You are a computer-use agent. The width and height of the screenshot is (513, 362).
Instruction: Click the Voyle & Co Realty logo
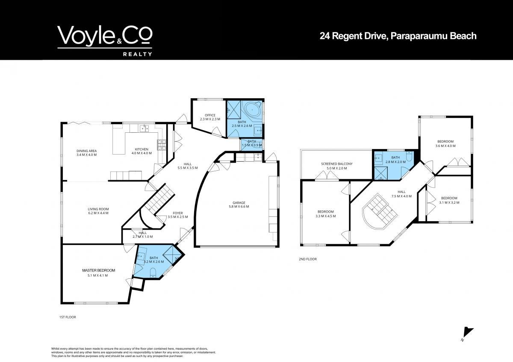coord(105,41)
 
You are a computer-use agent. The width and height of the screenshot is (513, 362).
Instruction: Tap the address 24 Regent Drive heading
coord(398,36)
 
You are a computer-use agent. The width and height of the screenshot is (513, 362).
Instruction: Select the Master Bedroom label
coord(98,270)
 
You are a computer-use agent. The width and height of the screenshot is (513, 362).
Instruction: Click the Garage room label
coord(239,203)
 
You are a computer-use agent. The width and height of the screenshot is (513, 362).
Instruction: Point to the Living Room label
coord(98,209)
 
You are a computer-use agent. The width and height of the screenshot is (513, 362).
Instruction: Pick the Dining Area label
coord(86,151)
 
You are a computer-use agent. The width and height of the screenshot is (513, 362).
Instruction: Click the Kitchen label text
coord(142,149)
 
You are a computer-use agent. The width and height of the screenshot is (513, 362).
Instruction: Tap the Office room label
coord(210,115)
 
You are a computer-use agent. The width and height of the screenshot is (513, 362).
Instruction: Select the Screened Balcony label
coord(337,164)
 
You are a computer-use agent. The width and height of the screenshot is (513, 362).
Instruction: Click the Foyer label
coord(178,213)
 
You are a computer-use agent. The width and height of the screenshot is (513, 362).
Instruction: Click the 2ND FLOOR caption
coord(308,259)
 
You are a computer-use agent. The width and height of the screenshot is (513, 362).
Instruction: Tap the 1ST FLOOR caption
coord(68,317)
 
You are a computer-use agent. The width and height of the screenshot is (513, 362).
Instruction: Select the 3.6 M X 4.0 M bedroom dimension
coord(445,146)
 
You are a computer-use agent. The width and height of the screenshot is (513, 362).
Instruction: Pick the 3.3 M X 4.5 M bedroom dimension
coord(325,216)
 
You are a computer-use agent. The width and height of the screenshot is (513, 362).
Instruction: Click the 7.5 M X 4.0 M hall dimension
coord(401,196)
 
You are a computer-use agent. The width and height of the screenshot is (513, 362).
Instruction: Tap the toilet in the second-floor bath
coord(409,156)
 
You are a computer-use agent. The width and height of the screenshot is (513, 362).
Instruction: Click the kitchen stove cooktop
coord(162,145)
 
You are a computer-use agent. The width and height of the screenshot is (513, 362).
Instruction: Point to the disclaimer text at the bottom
coord(133,353)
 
